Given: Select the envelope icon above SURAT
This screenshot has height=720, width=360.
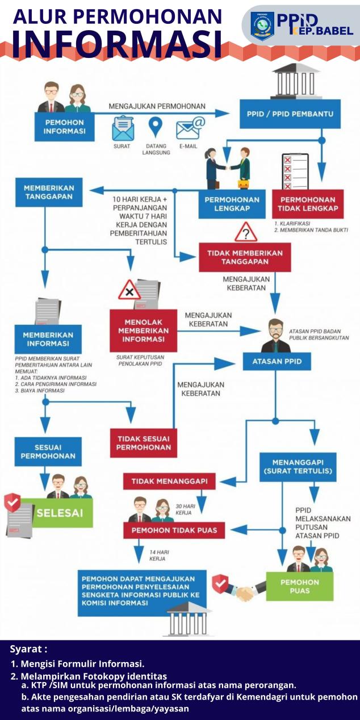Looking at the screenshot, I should pos(122,128).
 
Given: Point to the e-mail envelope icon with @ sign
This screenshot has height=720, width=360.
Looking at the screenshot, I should pos(189,128).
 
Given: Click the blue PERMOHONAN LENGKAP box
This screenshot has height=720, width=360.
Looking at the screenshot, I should pos(232,204).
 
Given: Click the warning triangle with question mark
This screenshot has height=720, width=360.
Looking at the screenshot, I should pos(246,232).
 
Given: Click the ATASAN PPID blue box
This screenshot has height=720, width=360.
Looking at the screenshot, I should pos(277,362).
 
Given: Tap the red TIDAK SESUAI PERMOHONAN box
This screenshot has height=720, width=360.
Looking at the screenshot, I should pos(144,443).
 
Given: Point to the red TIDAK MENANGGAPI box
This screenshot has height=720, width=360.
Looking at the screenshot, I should pos(169,482).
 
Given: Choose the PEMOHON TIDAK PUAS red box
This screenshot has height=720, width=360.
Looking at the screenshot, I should pos(174,531).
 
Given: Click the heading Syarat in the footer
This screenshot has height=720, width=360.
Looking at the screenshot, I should pos(28,648).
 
